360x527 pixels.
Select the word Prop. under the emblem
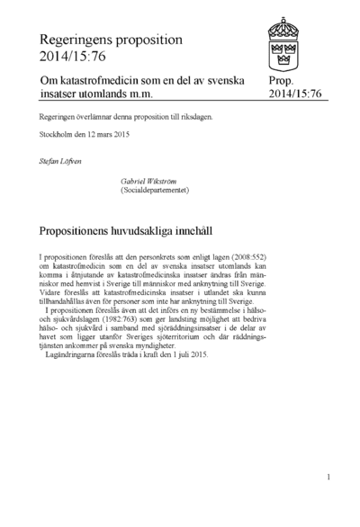[x=282, y=81]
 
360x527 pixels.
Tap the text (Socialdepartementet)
[x=157, y=191]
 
